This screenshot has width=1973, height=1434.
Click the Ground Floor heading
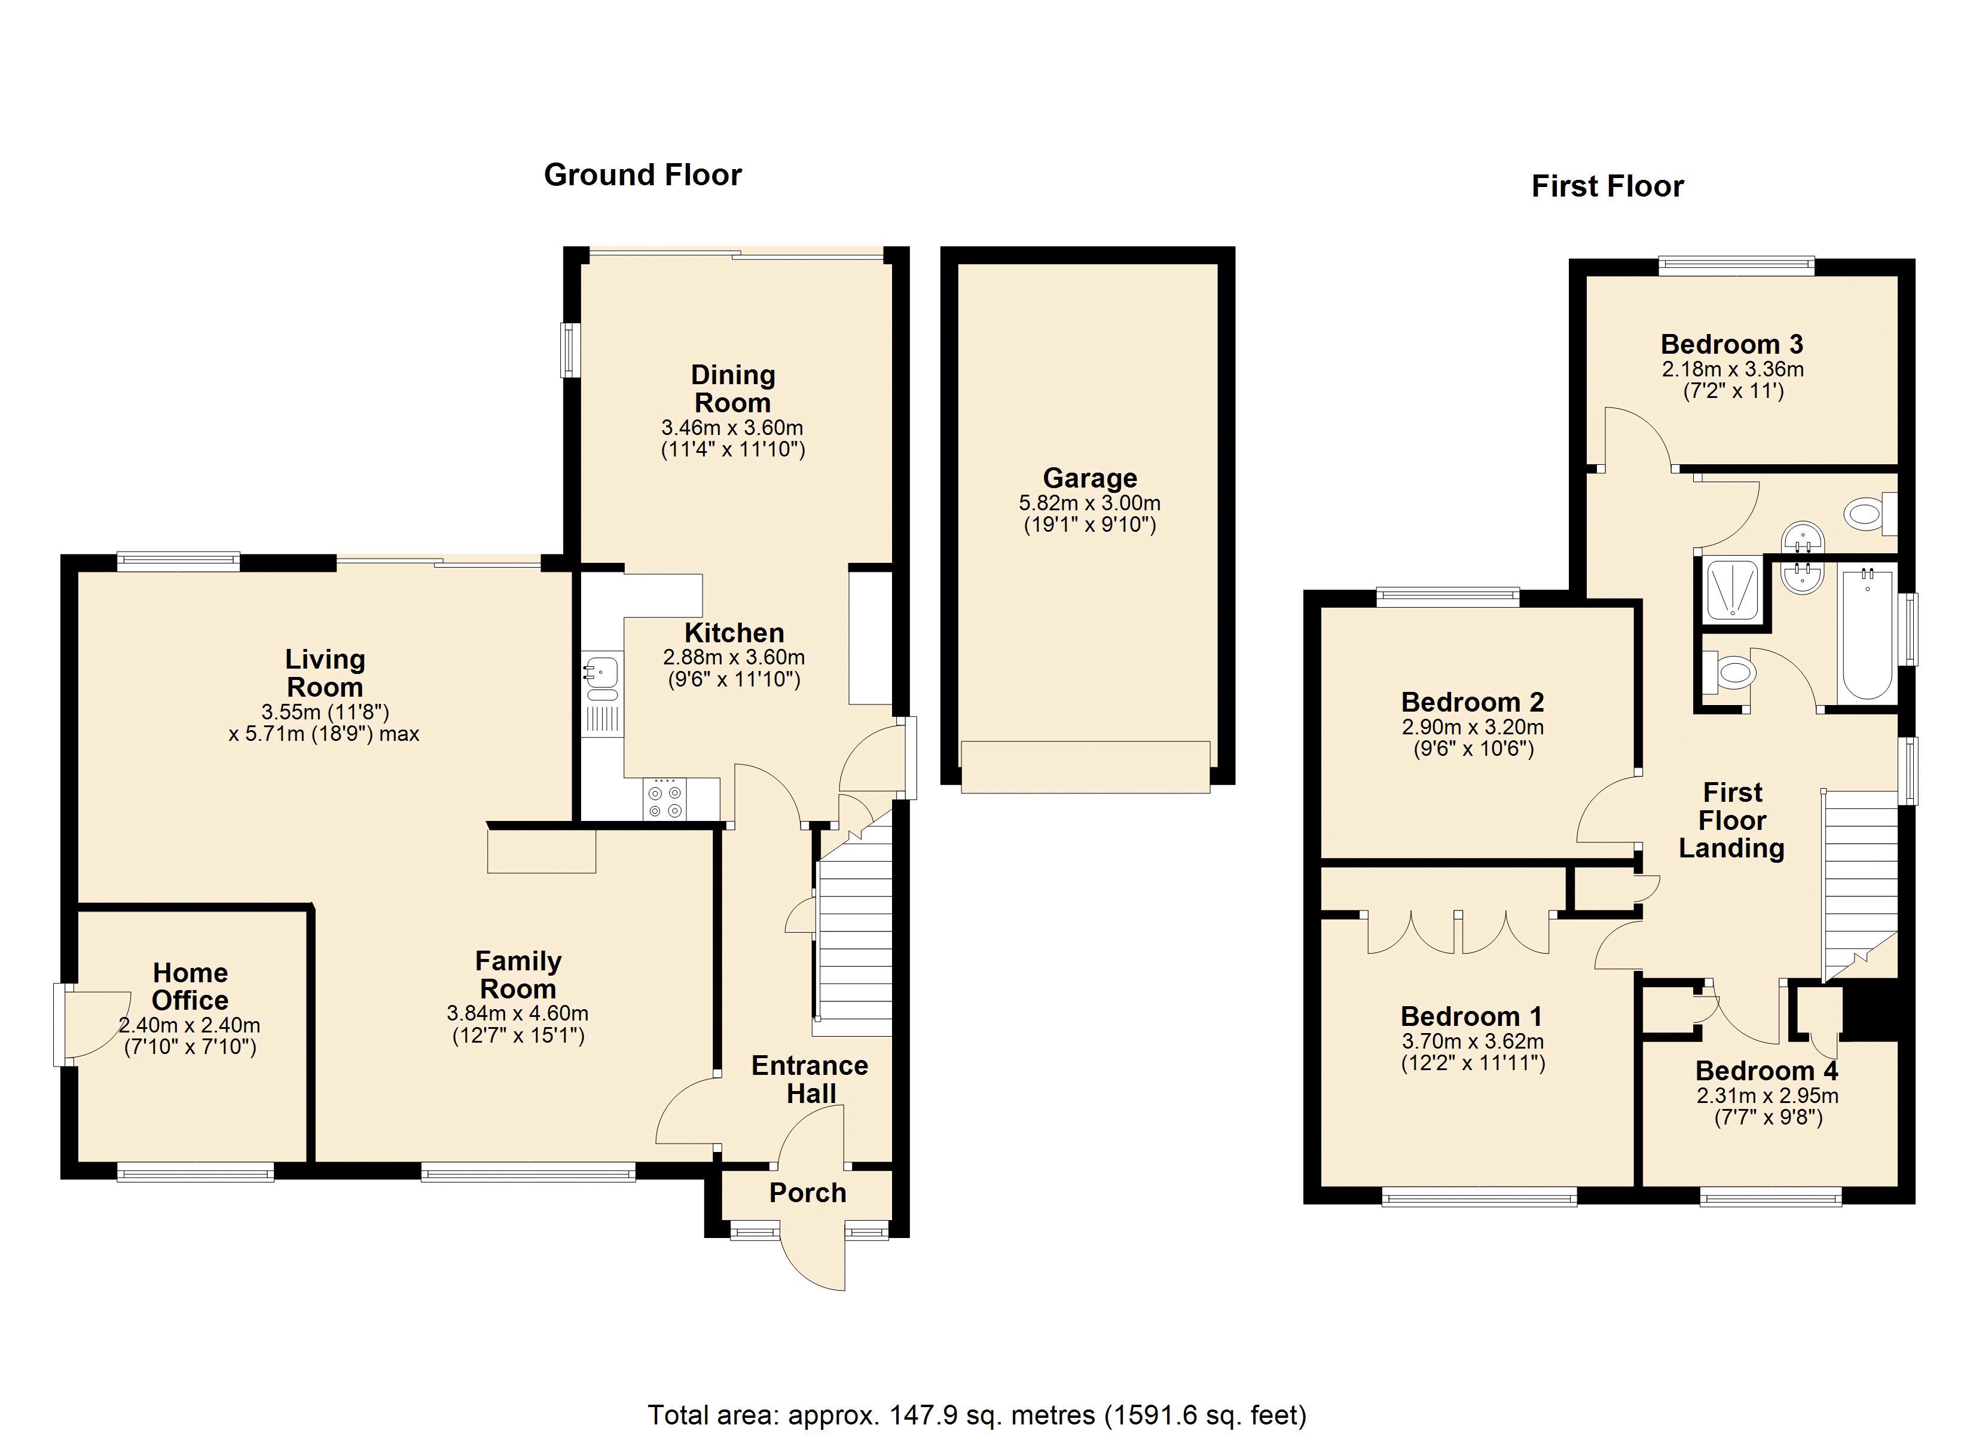point(643,175)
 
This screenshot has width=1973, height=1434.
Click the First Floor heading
point(1608,186)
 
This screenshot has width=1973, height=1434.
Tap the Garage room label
point(1090,477)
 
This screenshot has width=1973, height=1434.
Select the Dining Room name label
point(732,389)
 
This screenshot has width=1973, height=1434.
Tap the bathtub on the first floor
point(1868,634)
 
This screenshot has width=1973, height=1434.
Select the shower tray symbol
point(1733,590)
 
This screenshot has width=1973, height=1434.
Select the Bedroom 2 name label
point(1473,702)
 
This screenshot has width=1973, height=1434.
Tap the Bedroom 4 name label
point(1767,1071)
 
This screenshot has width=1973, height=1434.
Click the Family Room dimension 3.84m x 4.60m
point(518,1013)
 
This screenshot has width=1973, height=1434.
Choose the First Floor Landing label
point(1732,820)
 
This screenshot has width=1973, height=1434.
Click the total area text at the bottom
point(977,1415)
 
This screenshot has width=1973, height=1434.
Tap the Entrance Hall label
point(810,1079)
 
